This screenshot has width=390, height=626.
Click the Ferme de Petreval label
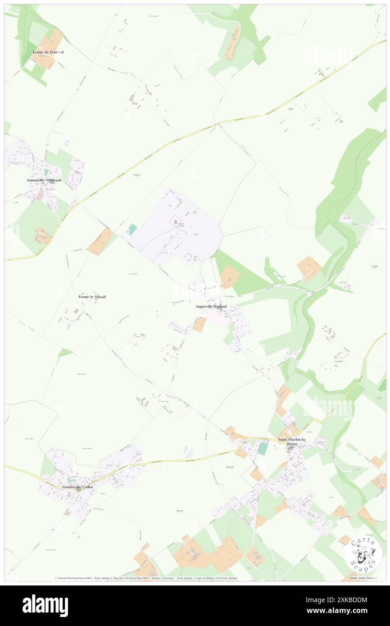[48, 52]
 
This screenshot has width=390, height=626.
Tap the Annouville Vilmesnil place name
[46, 180]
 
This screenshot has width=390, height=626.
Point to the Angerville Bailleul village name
[211, 307]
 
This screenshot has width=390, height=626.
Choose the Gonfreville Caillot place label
[75, 487]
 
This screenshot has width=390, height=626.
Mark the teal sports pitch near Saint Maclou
[263, 449]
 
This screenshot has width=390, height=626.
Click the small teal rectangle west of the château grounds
[131, 230]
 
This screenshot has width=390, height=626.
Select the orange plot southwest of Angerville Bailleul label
[199, 325]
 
